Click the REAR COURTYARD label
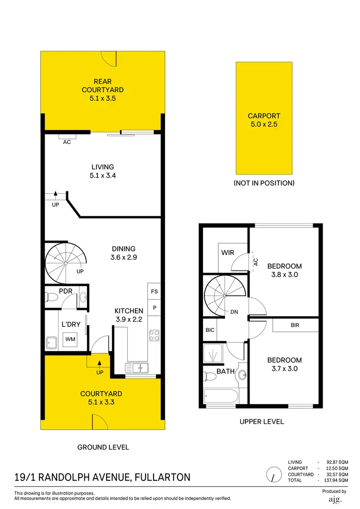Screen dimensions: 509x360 coord(102,90)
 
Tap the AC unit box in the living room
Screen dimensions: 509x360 coord(67,139)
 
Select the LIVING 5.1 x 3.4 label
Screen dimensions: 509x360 coord(103,171)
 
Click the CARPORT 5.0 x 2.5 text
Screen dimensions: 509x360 coord(264,119)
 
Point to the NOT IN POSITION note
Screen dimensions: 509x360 coord(264,183)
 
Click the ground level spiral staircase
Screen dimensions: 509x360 coord(65,262)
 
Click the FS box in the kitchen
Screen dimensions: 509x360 coord(154,291)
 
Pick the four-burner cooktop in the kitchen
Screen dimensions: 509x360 coord(154,335)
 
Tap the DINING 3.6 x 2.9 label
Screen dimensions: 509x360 coord(123,253)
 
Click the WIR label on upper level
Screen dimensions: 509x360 coord(228,252)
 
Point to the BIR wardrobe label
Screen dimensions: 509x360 coord(295,325)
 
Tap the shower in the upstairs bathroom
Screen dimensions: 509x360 coord(213,353)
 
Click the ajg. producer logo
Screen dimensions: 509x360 coord(334,500)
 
